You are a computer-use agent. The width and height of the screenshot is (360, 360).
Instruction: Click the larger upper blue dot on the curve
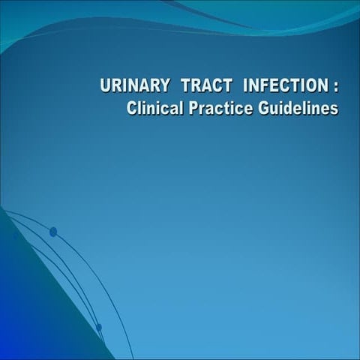click(53, 232)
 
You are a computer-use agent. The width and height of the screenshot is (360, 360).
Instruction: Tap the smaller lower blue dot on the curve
click(98, 327)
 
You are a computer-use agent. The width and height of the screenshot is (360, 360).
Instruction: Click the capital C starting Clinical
click(133, 109)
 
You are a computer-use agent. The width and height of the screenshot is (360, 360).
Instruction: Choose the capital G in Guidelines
click(260, 109)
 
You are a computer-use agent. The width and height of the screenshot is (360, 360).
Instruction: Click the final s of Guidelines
click(334, 109)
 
